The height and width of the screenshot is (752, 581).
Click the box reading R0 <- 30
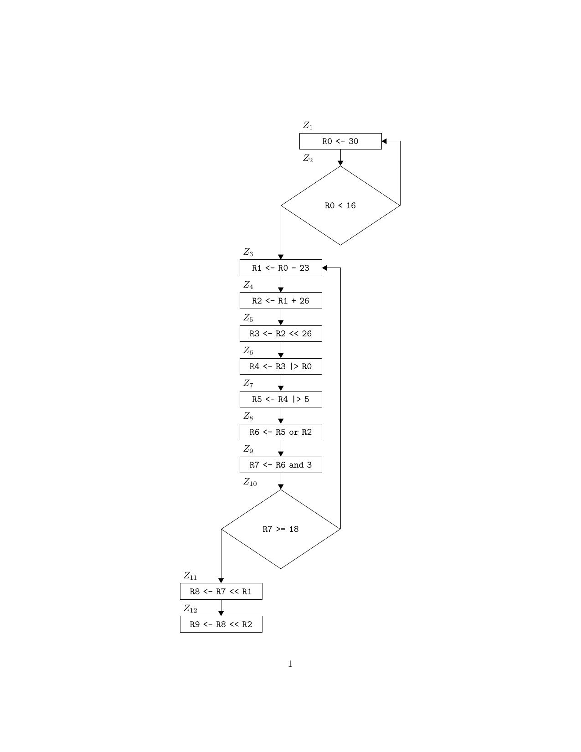340,141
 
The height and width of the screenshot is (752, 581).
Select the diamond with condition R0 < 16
340,206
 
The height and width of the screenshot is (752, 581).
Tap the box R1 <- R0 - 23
281,268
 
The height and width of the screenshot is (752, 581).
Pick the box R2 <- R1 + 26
281,301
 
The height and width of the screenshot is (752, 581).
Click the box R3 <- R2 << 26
281,334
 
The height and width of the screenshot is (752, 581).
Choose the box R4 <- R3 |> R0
281,366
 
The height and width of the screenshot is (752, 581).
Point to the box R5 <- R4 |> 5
281,399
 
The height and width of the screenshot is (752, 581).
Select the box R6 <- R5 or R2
281,432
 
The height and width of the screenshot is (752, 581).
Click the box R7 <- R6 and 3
281,465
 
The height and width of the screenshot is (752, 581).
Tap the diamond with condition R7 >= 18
281,529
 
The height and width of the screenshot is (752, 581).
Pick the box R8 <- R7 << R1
221,592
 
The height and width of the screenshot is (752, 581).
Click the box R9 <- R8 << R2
221,624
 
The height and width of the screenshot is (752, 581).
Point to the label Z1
308,125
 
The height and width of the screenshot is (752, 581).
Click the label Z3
248,252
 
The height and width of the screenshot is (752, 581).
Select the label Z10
250,482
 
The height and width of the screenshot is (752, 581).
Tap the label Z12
190,609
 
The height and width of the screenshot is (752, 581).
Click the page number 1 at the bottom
290,664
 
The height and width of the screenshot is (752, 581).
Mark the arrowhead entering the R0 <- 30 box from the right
385,141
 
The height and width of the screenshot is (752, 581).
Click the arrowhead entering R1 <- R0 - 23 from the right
325,268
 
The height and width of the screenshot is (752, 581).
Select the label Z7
248,384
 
